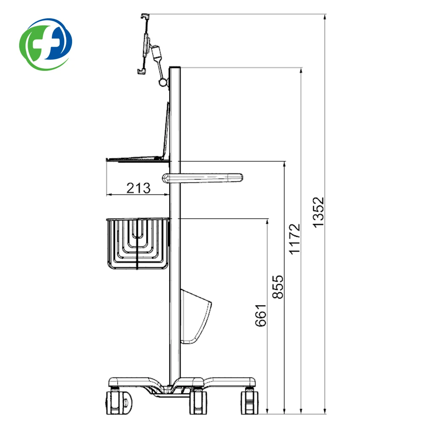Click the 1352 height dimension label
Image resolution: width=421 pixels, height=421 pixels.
319,212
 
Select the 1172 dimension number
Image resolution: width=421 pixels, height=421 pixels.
294,239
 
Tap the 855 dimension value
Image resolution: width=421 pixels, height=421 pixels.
278,287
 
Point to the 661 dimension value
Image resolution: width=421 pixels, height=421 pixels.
261,315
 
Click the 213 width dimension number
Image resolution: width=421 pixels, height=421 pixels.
138,188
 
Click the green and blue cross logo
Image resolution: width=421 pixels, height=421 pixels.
46,44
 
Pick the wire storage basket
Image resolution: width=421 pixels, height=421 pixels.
138,244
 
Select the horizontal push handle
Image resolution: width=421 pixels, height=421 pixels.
202,178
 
